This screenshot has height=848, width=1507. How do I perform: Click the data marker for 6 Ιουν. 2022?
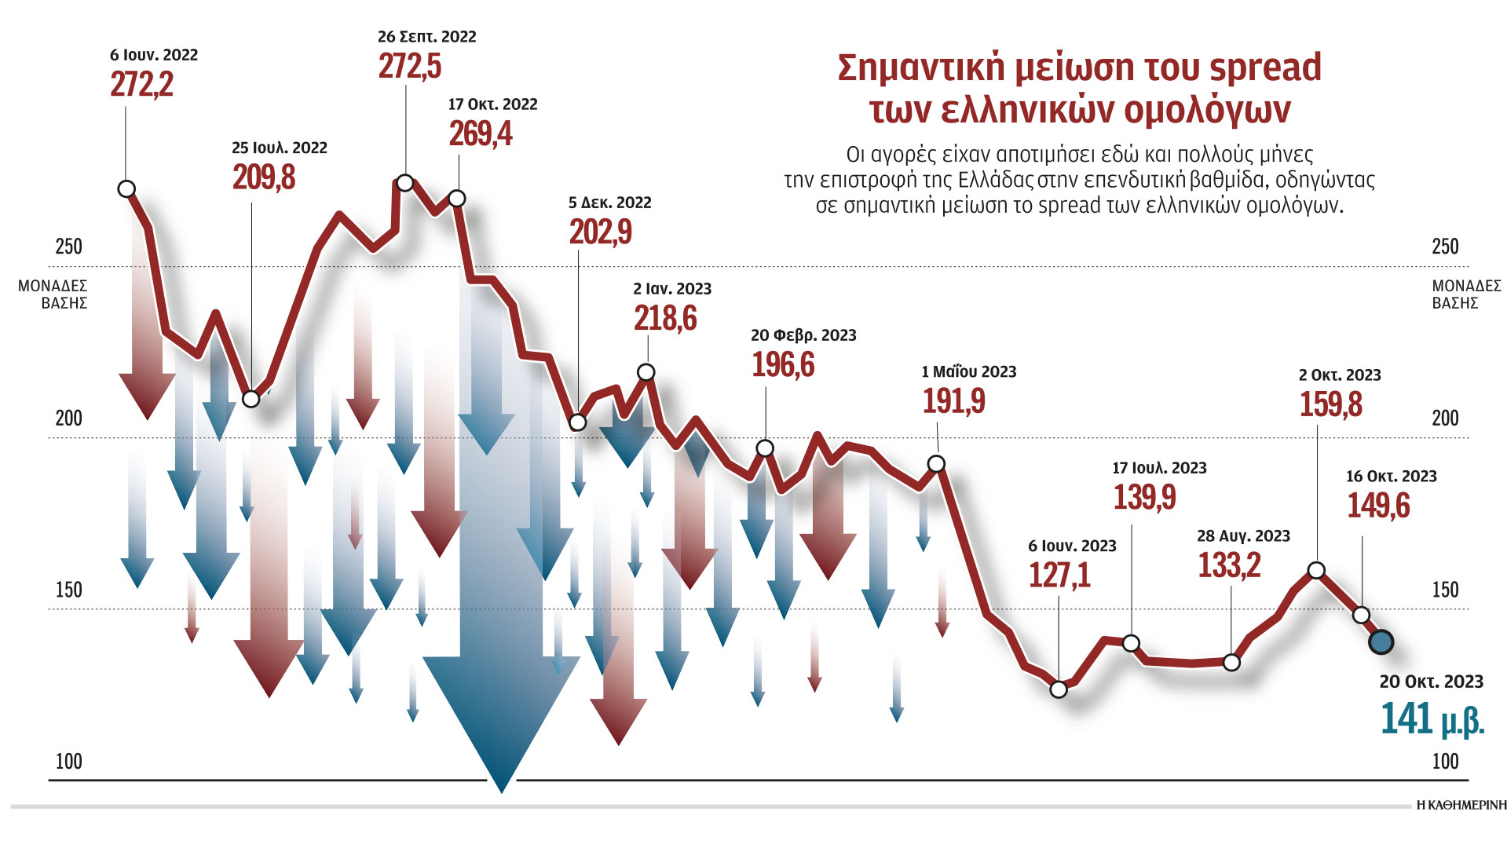(126, 188)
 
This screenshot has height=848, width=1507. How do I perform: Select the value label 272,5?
(409, 67)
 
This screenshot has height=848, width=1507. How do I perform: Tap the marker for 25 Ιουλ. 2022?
(251, 399)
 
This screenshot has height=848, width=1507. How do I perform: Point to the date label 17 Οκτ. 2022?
(492, 104)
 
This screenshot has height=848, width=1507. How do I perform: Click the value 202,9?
(600, 232)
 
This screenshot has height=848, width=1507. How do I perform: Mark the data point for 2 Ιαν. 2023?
(646, 372)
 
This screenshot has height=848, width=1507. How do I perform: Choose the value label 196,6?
(783, 365)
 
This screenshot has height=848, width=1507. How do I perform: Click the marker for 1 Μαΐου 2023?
(936, 464)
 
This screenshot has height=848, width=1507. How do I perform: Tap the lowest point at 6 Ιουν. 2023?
(1059, 689)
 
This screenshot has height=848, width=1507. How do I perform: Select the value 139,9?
(1144, 497)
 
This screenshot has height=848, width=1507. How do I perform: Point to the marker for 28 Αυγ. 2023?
(1231, 663)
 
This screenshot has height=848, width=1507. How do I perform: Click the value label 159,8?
(1330, 405)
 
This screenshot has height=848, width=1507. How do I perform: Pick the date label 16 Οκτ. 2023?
(1391, 477)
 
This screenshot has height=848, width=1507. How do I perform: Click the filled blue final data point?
(1381, 642)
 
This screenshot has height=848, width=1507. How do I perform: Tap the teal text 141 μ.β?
(1432, 719)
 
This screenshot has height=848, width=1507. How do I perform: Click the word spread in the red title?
(1265, 68)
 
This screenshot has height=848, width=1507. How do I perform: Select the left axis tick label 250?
(68, 247)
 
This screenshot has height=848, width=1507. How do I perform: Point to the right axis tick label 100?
(1445, 761)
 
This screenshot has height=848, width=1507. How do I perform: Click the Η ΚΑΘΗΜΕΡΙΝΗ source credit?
(1461, 805)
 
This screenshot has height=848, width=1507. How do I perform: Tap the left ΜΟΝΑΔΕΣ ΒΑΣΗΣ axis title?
(53, 294)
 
